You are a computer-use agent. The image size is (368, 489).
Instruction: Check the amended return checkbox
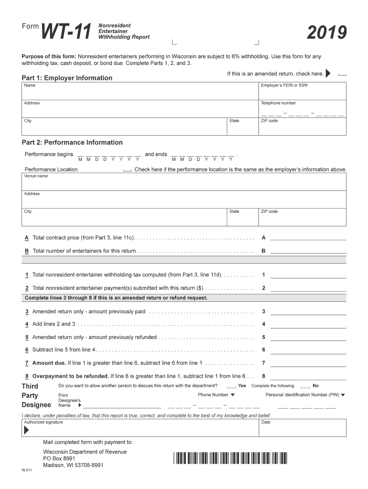(x=342, y=74)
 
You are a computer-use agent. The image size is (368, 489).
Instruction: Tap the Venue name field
(x=184, y=182)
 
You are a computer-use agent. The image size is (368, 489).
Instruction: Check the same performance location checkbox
(x=127, y=170)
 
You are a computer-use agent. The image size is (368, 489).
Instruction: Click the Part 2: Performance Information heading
(x=72, y=142)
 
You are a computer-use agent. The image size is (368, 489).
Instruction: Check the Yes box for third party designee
(x=231, y=386)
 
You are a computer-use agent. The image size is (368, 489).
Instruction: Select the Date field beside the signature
(x=302, y=428)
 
